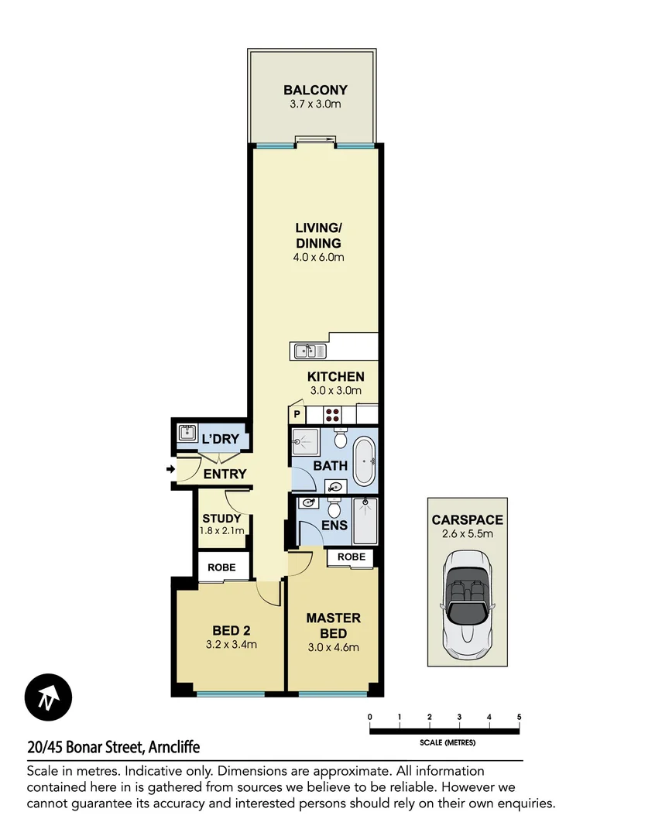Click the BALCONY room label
tap(315, 90)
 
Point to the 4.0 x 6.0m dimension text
tap(318, 258)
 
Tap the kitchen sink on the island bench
tap(305, 351)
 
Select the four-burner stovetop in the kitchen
tap(333, 413)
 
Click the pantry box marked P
tap(297, 414)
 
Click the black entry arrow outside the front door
tap(170, 468)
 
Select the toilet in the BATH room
tap(340, 439)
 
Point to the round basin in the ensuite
tap(309, 503)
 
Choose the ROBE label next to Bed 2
tap(222, 567)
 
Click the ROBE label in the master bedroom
tap(352, 557)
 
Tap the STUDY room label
tap(221, 519)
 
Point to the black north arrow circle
tap(48, 697)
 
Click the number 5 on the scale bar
tap(519, 717)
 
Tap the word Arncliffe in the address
tap(172, 747)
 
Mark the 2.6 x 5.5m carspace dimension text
tap(468, 534)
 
